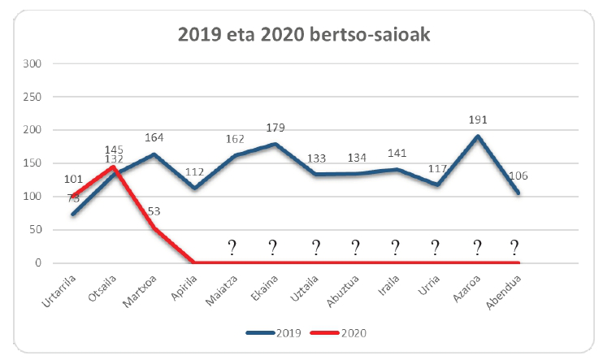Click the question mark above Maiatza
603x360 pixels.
pos(232,248)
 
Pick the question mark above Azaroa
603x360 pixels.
pos(478,248)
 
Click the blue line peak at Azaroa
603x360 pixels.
pos(478,137)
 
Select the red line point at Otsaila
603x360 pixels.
pos(113,167)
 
